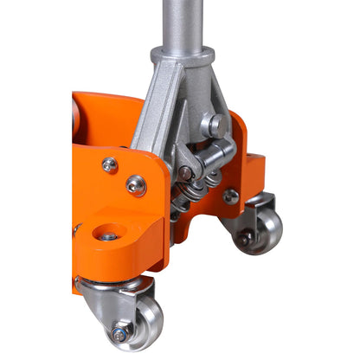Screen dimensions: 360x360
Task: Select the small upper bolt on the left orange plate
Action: tap(109, 164)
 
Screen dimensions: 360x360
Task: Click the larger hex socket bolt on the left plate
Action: tap(136, 184)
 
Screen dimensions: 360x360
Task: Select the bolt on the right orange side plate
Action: tap(231, 196)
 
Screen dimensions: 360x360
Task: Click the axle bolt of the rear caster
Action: tap(247, 235)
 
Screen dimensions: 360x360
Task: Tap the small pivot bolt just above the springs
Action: tap(185, 174)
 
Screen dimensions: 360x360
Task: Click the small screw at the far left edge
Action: tap(76, 229)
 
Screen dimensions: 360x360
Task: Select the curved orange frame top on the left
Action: tap(104, 108)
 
